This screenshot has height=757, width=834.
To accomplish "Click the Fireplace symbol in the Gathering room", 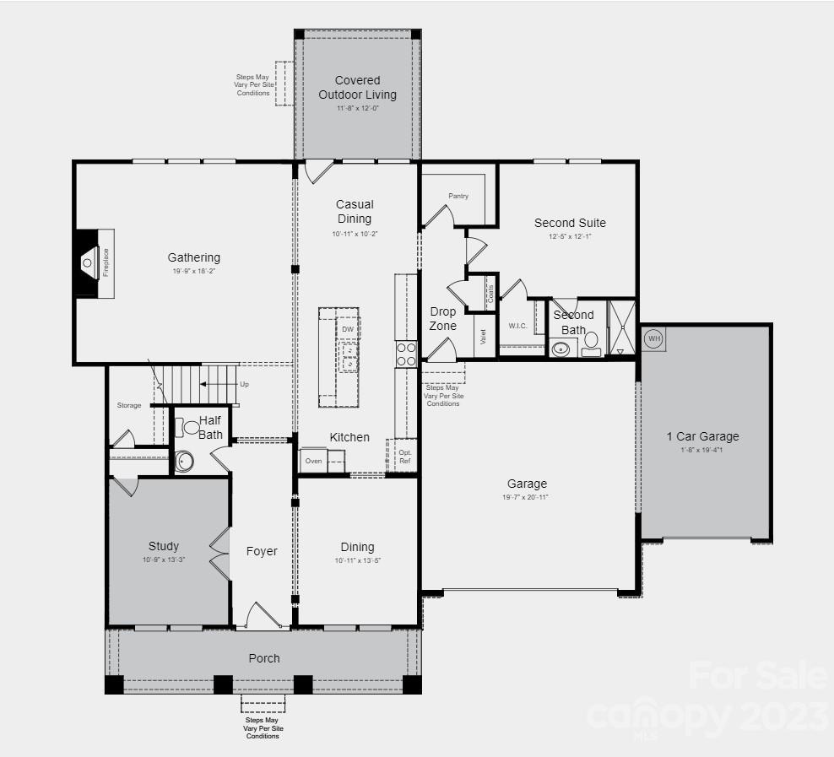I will [x=89, y=262].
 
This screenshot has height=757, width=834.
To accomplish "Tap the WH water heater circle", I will [x=653, y=339].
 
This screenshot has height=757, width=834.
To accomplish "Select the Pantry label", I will [x=458, y=196].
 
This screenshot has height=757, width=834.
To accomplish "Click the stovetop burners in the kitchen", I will [x=406, y=354].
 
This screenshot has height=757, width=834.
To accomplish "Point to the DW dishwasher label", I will [x=348, y=329].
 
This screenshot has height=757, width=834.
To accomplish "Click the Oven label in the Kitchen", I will [x=313, y=461].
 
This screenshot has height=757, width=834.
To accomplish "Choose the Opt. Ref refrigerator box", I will [x=404, y=456].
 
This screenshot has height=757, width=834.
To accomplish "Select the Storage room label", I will [x=129, y=406].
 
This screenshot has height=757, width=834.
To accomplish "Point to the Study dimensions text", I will [x=164, y=560].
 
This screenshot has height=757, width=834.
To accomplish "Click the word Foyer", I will [x=262, y=551].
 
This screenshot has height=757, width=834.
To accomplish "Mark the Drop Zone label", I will [x=442, y=319].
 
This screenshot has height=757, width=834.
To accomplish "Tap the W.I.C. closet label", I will [x=517, y=325].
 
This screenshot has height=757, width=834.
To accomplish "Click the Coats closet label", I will [x=490, y=293].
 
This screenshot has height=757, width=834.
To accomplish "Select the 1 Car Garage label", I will [x=702, y=436].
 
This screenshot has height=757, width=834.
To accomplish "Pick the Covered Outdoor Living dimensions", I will [x=357, y=108].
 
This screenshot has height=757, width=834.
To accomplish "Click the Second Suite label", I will [x=570, y=223].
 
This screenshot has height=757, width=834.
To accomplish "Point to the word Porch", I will [x=264, y=658].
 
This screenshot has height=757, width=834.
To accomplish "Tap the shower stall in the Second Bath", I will [x=622, y=327].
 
